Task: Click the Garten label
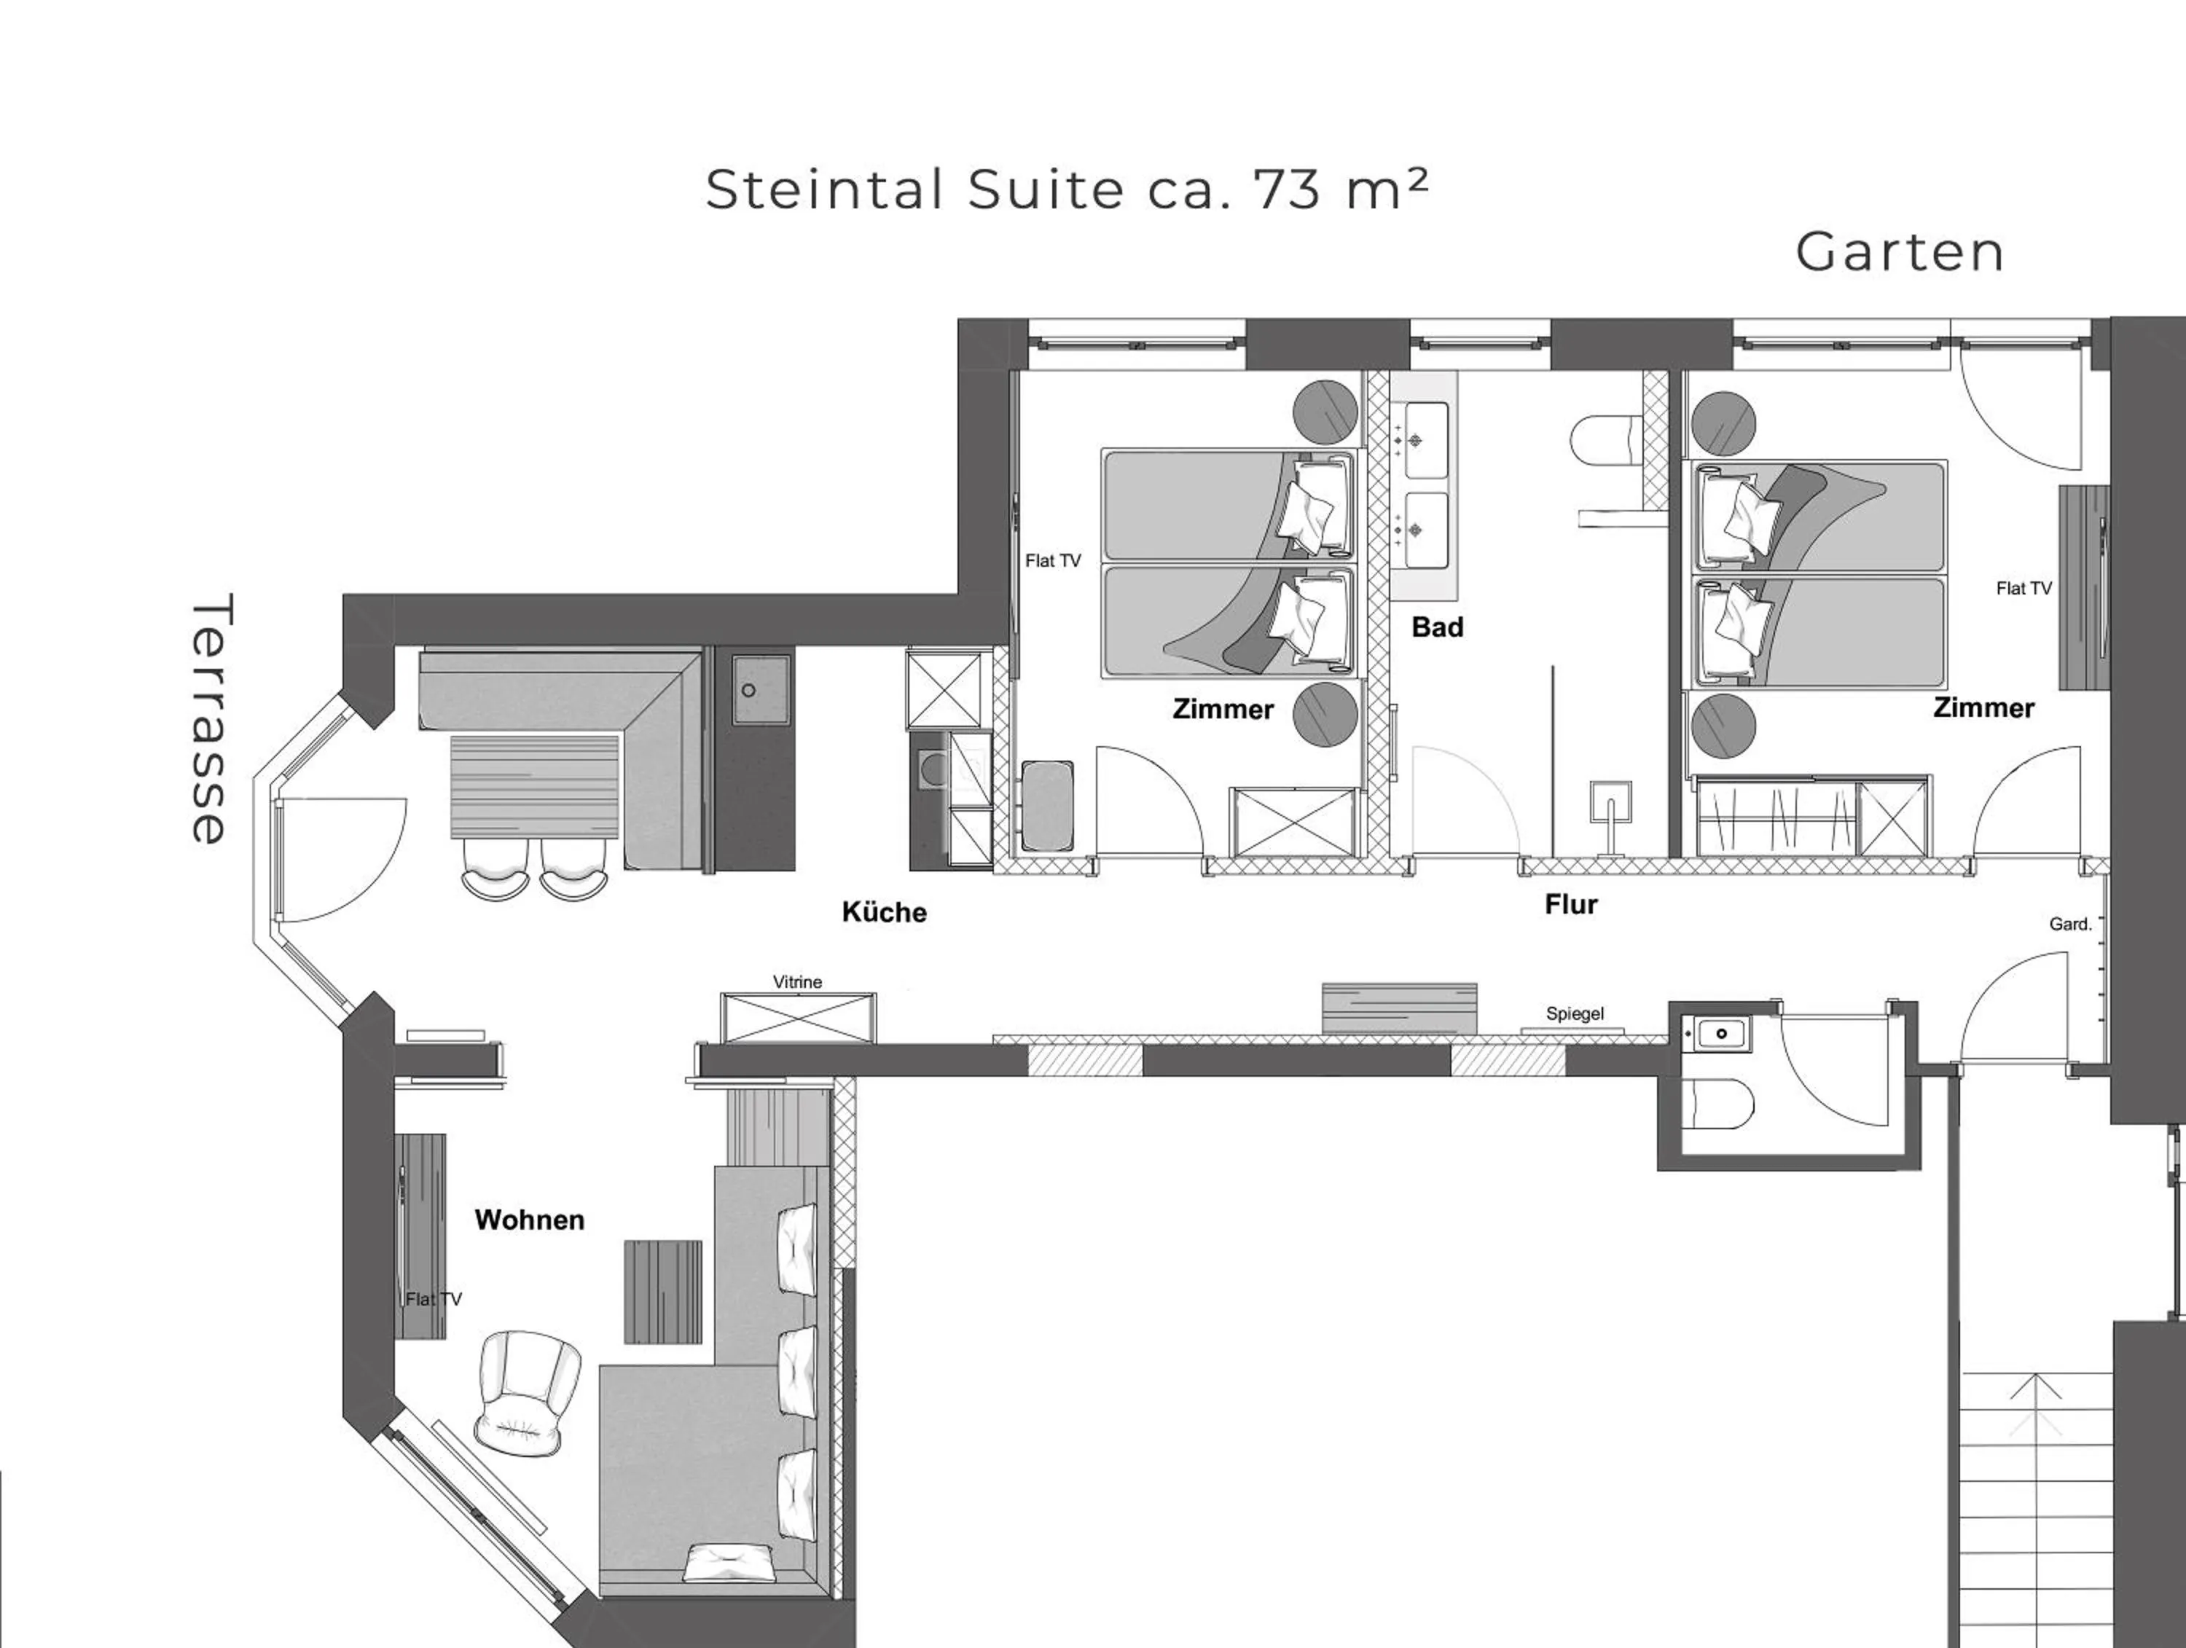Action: coord(1900,253)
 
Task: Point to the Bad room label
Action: coord(1437,627)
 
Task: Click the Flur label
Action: coord(1570,905)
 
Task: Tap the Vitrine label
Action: coord(796,982)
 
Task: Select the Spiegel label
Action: coord(1574,1013)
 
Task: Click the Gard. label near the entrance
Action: coord(2069,925)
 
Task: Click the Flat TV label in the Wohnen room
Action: coord(433,1299)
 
